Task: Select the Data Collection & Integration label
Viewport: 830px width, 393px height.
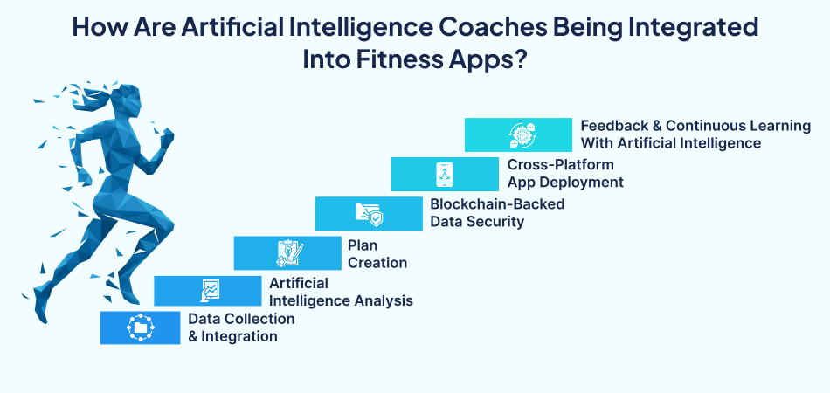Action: pyautogui.click(x=241, y=327)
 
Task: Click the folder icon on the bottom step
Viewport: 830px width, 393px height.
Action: pyautogui.click(x=140, y=327)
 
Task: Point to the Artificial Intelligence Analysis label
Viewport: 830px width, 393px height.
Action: pyautogui.click(x=341, y=292)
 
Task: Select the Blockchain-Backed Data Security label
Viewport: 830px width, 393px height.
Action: pyautogui.click(x=497, y=212)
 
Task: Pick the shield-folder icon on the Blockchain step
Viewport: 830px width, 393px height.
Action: pyautogui.click(x=368, y=213)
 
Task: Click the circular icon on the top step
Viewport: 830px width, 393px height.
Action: pyautogui.click(x=517, y=134)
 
